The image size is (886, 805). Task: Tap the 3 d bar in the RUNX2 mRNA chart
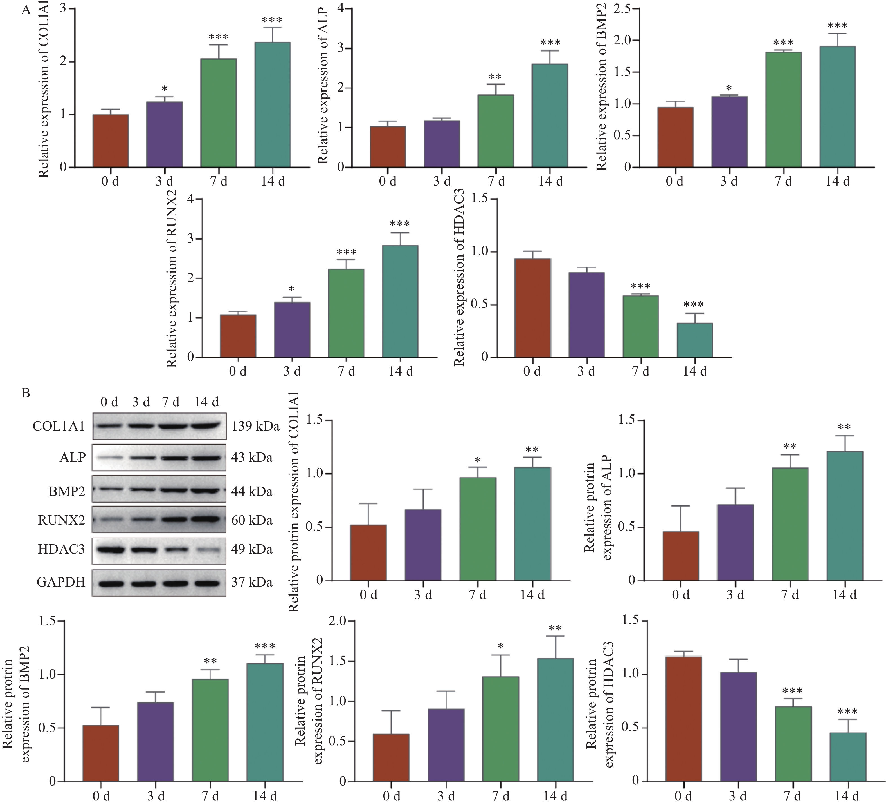click(x=292, y=330)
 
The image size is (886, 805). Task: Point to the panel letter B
click(x=26, y=393)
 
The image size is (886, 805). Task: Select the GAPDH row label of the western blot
click(x=61, y=582)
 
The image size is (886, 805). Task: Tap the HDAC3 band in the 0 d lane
click(x=109, y=549)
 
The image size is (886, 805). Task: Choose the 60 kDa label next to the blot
click(x=252, y=520)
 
